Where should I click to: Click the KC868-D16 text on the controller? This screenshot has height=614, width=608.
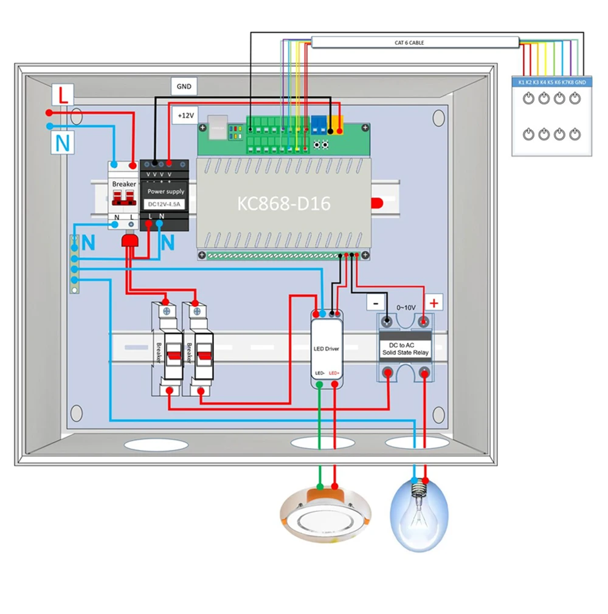(x=283, y=203)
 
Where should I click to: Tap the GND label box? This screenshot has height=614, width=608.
(x=184, y=86)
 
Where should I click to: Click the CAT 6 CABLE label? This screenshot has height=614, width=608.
(x=409, y=43)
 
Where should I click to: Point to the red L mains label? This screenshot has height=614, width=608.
(x=63, y=95)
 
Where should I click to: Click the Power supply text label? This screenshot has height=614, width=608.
(x=166, y=191)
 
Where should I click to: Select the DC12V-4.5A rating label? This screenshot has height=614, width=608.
(x=166, y=204)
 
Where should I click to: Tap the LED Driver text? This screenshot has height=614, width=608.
(x=326, y=349)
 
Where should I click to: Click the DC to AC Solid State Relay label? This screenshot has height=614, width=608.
(x=405, y=348)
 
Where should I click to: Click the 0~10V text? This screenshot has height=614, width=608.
(x=406, y=308)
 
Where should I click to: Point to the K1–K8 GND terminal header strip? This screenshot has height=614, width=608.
(x=551, y=81)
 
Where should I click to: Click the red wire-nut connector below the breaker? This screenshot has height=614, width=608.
(x=130, y=241)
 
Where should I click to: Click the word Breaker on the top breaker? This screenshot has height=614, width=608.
(x=124, y=183)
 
